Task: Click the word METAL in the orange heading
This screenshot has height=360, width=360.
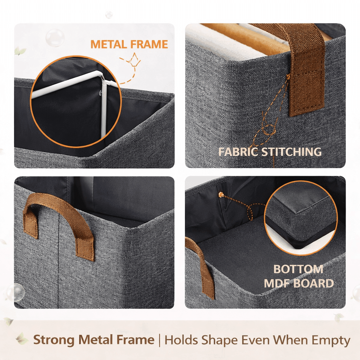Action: [109, 44]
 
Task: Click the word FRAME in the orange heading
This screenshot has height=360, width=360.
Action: [149, 44]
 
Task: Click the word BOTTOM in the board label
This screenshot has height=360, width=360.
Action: [298, 269]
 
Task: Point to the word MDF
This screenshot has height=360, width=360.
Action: [277, 284]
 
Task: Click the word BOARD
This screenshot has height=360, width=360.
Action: [314, 284]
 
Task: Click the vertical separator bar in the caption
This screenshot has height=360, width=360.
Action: [160, 340]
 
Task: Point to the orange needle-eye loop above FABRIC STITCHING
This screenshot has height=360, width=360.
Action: [268, 129]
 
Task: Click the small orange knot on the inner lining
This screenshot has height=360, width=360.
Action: [221, 195]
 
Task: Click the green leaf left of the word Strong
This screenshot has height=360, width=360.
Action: [22, 339]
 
